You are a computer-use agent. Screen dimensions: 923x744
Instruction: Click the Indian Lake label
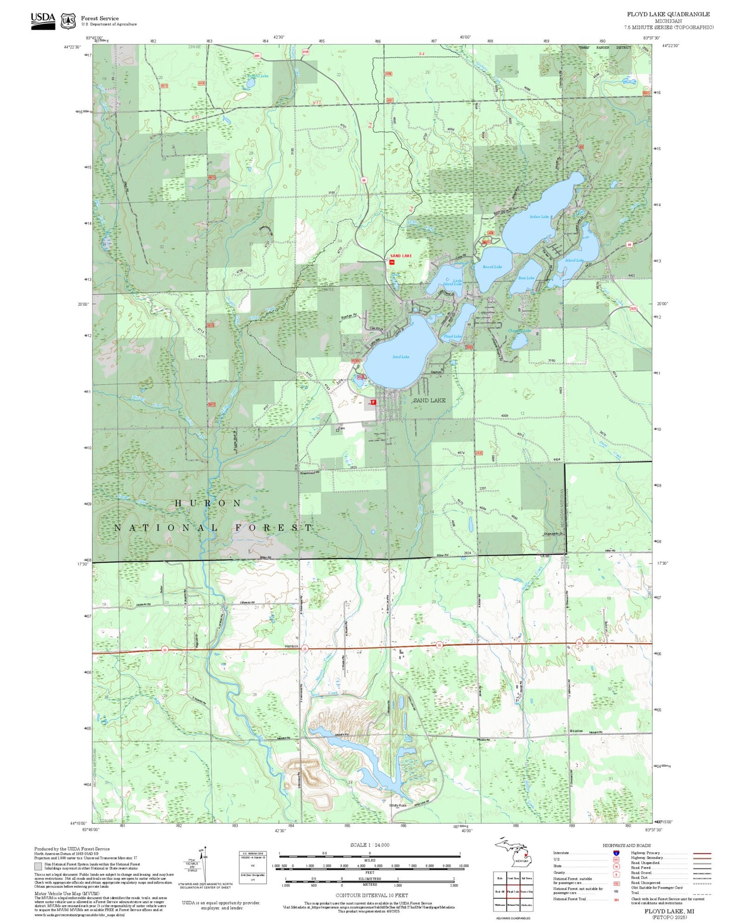(539, 217)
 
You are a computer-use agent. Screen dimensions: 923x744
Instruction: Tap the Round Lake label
(492, 267)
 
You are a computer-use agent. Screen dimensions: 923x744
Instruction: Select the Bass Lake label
(526, 278)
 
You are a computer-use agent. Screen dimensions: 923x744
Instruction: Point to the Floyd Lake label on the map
(452, 337)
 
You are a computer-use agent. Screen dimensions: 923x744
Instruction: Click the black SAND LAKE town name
(430, 400)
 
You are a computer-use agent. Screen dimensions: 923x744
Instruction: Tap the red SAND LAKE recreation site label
(401, 256)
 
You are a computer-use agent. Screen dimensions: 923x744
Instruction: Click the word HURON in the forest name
(208, 503)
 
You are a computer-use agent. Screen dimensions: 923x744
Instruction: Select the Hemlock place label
(291, 646)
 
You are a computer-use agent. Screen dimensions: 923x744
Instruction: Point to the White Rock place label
(398, 806)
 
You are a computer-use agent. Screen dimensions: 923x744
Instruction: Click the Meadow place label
(576, 731)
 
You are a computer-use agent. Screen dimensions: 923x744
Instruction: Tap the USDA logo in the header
(43, 21)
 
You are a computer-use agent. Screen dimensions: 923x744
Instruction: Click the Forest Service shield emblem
(68, 21)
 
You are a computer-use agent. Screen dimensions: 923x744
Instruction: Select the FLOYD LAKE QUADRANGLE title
(668, 14)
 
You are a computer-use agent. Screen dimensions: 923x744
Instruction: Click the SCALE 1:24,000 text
(370, 845)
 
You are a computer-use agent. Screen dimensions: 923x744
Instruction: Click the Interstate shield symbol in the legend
(616, 853)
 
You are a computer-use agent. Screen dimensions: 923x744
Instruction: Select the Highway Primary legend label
(645, 853)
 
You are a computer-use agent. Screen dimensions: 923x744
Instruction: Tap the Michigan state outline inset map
(514, 854)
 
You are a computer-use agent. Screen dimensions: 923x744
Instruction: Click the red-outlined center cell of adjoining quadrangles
(513, 891)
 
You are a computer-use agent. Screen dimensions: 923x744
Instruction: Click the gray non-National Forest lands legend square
(38, 866)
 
